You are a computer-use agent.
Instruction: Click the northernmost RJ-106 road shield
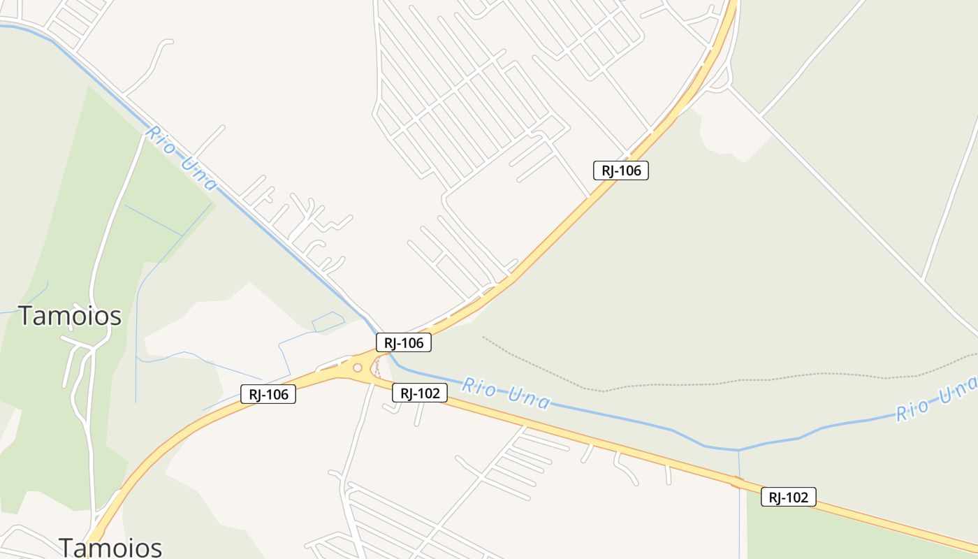coord(620,170)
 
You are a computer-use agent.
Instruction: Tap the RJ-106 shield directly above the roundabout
coord(403,342)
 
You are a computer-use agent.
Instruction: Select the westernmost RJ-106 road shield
coord(268,394)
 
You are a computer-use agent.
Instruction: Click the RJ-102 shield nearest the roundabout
coord(419,393)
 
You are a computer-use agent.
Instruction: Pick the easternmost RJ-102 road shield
coord(788,497)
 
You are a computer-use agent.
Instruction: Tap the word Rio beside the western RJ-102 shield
coord(479,386)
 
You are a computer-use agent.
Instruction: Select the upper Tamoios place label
coord(70,316)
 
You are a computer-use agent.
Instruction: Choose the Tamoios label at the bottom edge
coord(110,547)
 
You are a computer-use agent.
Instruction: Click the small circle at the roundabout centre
coord(358,368)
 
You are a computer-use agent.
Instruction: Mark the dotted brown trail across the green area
coord(699,384)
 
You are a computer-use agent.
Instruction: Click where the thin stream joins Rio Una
coord(738,450)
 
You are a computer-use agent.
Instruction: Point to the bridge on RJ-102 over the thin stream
coord(738,482)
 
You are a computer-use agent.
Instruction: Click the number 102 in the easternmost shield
coord(797,497)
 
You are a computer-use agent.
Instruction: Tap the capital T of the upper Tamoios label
coord(25,316)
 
